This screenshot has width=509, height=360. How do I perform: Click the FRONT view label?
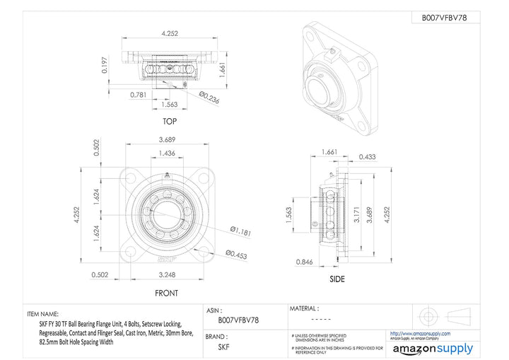click(x=166, y=293)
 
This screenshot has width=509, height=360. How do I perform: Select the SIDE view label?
click(x=337, y=279)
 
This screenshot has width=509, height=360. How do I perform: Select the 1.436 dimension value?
click(x=167, y=153)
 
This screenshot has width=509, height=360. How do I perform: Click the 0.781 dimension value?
click(x=139, y=93)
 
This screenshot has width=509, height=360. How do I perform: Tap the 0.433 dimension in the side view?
click(x=367, y=157)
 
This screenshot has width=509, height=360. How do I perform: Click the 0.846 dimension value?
click(x=305, y=262)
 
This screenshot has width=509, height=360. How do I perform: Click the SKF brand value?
click(x=223, y=347)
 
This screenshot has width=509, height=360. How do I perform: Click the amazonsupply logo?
click(x=433, y=348)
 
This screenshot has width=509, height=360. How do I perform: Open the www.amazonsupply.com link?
click(x=420, y=332)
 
